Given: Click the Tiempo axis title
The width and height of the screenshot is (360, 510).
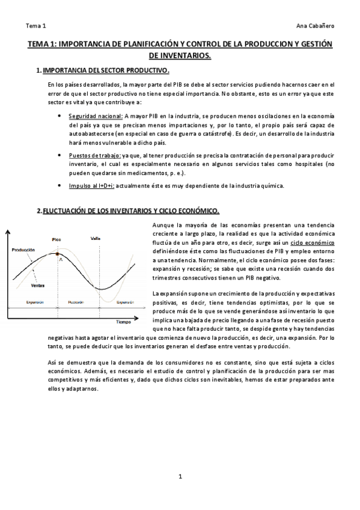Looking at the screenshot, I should (124, 321).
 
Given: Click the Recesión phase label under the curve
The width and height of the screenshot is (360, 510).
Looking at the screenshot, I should (76, 302).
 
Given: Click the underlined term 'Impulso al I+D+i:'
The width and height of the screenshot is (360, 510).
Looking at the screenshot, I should (93, 185).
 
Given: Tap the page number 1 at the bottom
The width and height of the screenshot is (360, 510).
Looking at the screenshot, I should (180, 477).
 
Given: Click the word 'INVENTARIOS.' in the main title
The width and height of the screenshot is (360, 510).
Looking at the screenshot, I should (180, 55).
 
